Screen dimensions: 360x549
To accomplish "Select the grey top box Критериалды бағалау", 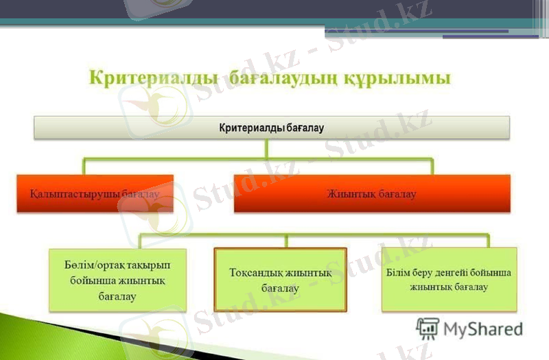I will click(272, 128).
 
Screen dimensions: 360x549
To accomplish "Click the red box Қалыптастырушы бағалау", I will click(95, 194).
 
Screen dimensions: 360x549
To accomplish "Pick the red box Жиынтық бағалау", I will click(372, 194).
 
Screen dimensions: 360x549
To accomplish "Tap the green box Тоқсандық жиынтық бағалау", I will click(280, 280).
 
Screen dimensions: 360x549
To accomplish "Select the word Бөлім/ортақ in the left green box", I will click(87, 265).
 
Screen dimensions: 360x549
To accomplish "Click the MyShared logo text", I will click(483, 329).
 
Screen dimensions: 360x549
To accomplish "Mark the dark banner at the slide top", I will click(274, 10).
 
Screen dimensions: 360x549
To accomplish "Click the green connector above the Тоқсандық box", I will click(285, 241).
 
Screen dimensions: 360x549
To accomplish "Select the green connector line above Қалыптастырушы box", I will click(84, 167).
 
